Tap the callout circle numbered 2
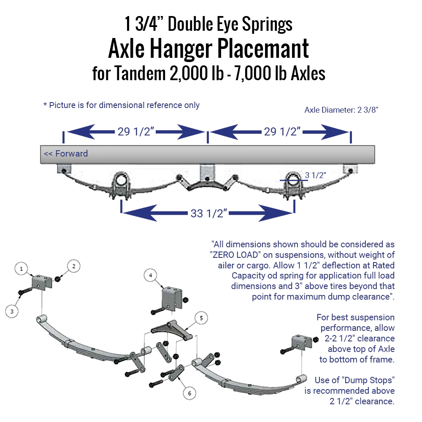click(x=73, y=266)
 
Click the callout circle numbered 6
click(x=189, y=393)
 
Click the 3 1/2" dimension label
click(x=315, y=175)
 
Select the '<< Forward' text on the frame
click(x=66, y=154)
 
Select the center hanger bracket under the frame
click(x=207, y=173)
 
